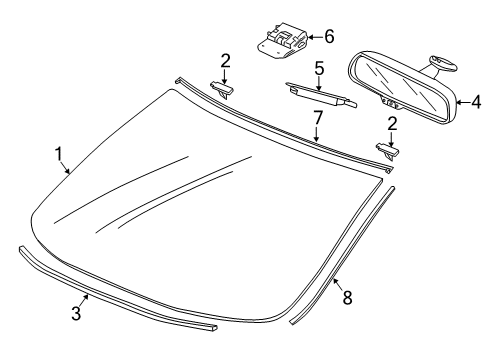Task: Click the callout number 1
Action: point(59,154)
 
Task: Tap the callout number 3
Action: point(76,313)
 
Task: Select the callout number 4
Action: point(476,102)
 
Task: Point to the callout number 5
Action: point(319,68)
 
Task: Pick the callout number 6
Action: point(329,37)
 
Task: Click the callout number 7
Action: point(318,118)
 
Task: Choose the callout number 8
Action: point(347,298)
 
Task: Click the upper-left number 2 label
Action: point(225,61)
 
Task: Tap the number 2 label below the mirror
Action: point(393,124)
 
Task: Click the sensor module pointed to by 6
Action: point(282,40)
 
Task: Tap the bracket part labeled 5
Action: point(321,95)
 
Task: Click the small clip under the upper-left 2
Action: point(221,90)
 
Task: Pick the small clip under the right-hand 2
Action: point(388,151)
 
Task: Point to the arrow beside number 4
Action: point(463,102)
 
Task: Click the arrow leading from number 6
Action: point(316,37)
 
